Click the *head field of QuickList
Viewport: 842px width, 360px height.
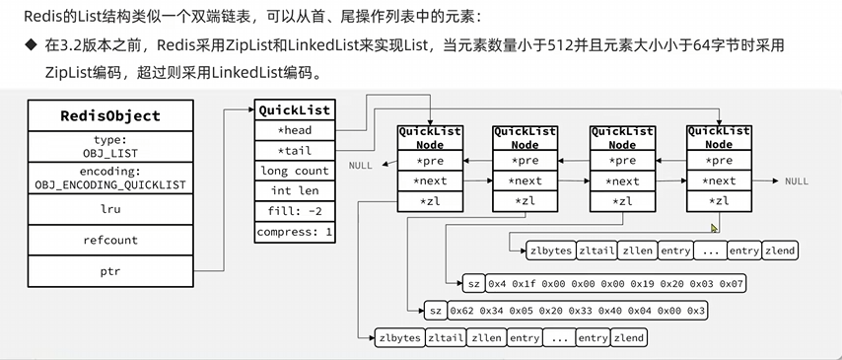coord(295,130)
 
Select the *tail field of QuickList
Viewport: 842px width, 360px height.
coord(295,150)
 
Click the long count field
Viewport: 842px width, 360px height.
coord(295,171)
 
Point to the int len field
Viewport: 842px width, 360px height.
coord(295,191)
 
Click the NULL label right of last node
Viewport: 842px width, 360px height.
coord(797,181)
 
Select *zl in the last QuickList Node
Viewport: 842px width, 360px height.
coord(721,201)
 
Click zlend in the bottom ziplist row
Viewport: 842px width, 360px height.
coord(628,337)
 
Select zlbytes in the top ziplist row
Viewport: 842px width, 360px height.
coord(550,251)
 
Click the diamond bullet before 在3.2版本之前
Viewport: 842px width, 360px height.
coord(30,46)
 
